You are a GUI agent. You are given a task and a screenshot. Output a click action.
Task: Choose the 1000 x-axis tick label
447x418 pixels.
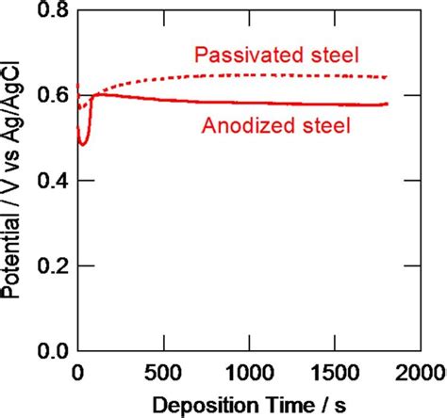point(249,369)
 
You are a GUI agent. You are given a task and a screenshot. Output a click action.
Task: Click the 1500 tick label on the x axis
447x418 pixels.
point(335,369)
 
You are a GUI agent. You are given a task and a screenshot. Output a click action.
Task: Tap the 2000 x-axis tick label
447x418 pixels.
point(419,369)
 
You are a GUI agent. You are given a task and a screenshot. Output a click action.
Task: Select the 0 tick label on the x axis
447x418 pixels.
point(77,369)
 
